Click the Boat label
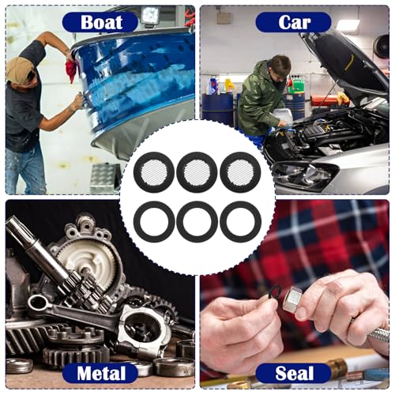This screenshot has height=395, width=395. click(100, 22)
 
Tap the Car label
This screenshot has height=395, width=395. click(294, 22)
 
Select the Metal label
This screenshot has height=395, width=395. click(100, 373)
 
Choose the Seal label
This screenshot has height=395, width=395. click(294, 373)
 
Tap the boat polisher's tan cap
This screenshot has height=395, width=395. click(21, 69)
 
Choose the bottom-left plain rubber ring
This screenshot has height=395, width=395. click(154, 205)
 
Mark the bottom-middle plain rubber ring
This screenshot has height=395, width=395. click(197, 205)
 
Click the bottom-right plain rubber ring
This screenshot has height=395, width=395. click(240, 205)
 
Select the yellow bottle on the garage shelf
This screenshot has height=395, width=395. click(229, 85)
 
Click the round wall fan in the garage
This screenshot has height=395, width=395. click(381, 47)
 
